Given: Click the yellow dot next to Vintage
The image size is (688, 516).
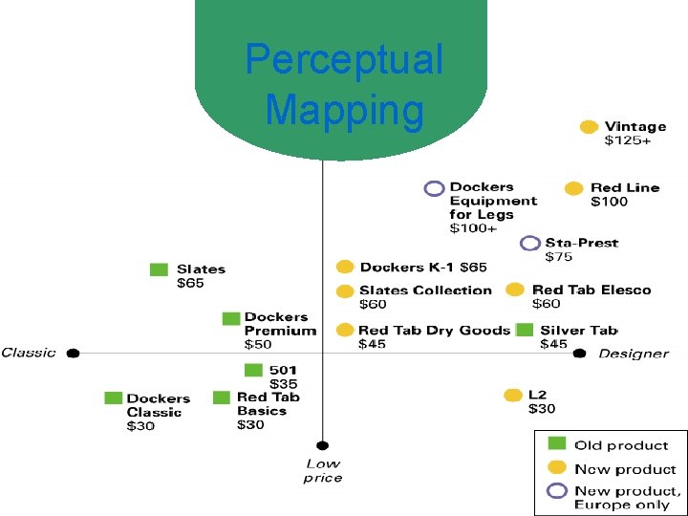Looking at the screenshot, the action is pyautogui.click(x=590, y=127).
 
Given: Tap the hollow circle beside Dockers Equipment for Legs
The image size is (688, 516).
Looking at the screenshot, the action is pyautogui.click(x=435, y=188).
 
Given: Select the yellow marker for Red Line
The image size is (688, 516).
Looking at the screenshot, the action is pyautogui.click(x=573, y=188).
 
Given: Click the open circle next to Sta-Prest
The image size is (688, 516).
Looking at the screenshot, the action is pyautogui.click(x=530, y=243).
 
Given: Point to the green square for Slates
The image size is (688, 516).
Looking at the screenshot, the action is pyautogui.click(x=159, y=269).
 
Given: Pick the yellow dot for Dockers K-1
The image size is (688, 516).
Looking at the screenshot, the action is pyautogui.click(x=345, y=268).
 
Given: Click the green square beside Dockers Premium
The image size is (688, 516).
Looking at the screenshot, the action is pyautogui.click(x=231, y=318).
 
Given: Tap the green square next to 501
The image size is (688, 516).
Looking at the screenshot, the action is pyautogui.click(x=253, y=370).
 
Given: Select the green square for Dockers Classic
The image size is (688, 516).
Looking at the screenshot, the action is pyautogui.click(x=113, y=398).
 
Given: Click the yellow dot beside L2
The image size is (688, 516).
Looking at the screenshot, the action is pyautogui.click(x=513, y=395).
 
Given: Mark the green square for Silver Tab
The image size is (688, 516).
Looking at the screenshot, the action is pyautogui.click(x=525, y=330).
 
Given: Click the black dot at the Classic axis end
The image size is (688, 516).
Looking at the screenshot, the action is pyautogui.click(x=73, y=353).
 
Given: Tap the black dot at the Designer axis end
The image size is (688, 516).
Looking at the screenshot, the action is pyautogui.click(x=579, y=353).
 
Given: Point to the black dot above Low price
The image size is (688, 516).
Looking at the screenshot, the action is pyautogui.click(x=323, y=444).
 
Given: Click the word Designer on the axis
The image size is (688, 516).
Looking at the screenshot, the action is pyautogui.click(x=634, y=354).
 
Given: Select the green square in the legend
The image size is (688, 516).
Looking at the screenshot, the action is pyautogui.click(x=555, y=443).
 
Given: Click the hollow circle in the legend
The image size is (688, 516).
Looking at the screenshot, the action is pyautogui.click(x=556, y=490).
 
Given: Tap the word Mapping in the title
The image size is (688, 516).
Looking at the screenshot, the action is pyautogui.click(x=344, y=110).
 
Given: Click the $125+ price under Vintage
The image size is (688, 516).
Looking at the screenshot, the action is pyautogui.click(x=628, y=141).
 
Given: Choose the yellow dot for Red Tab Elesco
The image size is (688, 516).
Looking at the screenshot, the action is pyautogui.click(x=515, y=290).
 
